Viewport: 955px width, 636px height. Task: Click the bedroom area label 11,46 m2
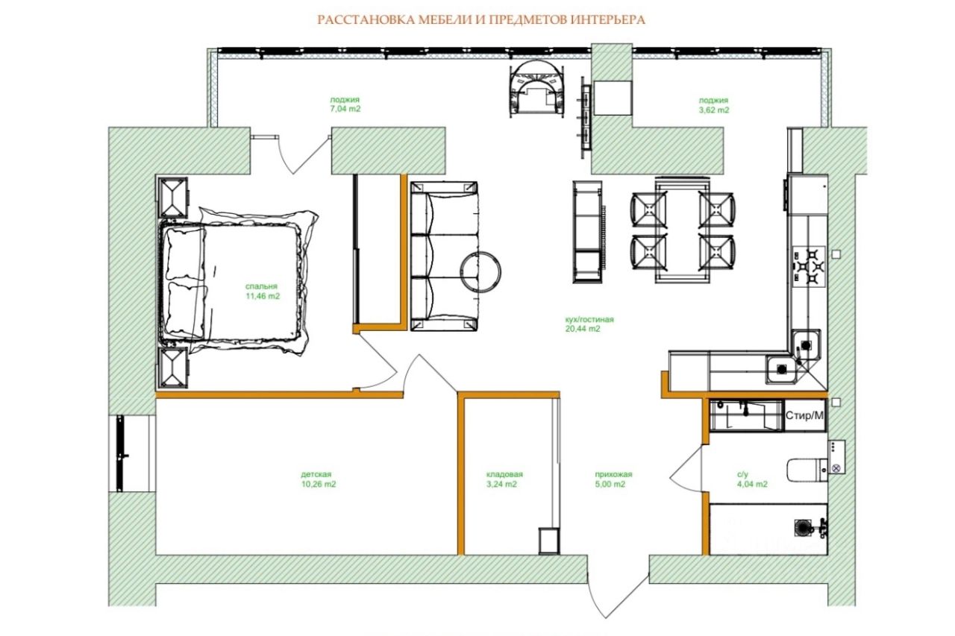[x=263, y=296]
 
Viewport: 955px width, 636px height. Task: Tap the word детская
[x=316, y=474]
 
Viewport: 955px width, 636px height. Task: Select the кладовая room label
[x=504, y=474]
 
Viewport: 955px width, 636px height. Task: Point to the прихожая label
[x=613, y=474]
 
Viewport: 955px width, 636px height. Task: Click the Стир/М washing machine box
[x=805, y=415]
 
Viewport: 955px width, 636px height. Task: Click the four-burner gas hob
[x=809, y=267]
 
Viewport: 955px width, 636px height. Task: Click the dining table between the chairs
[x=683, y=230]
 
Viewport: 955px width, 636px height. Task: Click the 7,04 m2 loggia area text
[x=345, y=109]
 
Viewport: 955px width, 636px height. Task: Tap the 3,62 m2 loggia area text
[x=714, y=110]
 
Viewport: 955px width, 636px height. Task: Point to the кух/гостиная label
[x=589, y=319]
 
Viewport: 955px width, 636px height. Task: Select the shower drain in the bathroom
[x=803, y=528]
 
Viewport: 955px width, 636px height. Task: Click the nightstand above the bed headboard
[x=173, y=198]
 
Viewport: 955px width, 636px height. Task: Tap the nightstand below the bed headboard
[x=172, y=368]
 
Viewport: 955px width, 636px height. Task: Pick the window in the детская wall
[x=121, y=453]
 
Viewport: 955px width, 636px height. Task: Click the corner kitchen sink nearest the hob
[x=806, y=344]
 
